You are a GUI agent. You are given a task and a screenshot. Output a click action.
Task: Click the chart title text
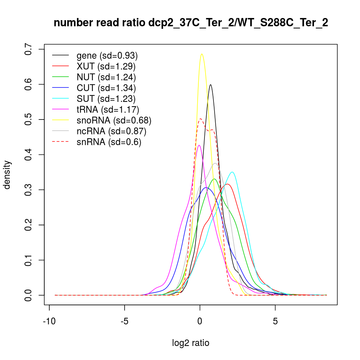tap(191, 23)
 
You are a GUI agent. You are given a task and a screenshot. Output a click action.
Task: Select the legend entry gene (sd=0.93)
tap(107, 56)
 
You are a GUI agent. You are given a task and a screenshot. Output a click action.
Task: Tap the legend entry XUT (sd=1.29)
tap(106, 66)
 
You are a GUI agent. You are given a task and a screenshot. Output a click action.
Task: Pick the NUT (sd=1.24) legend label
tap(106, 77)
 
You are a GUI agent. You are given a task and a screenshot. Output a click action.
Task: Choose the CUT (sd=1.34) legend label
tap(106, 88)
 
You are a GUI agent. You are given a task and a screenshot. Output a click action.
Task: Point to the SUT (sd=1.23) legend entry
tap(106, 99)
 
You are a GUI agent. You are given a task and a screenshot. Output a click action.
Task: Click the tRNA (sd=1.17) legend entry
tap(108, 109)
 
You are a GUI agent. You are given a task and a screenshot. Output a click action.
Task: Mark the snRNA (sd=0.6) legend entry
tap(109, 142)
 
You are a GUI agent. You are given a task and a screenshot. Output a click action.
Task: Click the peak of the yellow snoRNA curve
tap(202, 54)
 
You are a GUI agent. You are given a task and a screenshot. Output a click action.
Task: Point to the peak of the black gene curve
tap(210, 85)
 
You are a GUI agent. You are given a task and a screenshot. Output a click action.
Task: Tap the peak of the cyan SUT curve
tap(233, 172)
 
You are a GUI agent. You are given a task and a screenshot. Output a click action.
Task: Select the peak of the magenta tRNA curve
tap(199, 145)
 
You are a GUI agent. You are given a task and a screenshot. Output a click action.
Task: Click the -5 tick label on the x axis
tap(125, 321)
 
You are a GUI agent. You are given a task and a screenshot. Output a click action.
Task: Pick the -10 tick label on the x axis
tap(49, 321)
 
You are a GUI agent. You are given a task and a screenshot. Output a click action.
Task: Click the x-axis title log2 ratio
tap(191, 343)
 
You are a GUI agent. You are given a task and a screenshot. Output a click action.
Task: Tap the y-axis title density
tap(8, 175)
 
